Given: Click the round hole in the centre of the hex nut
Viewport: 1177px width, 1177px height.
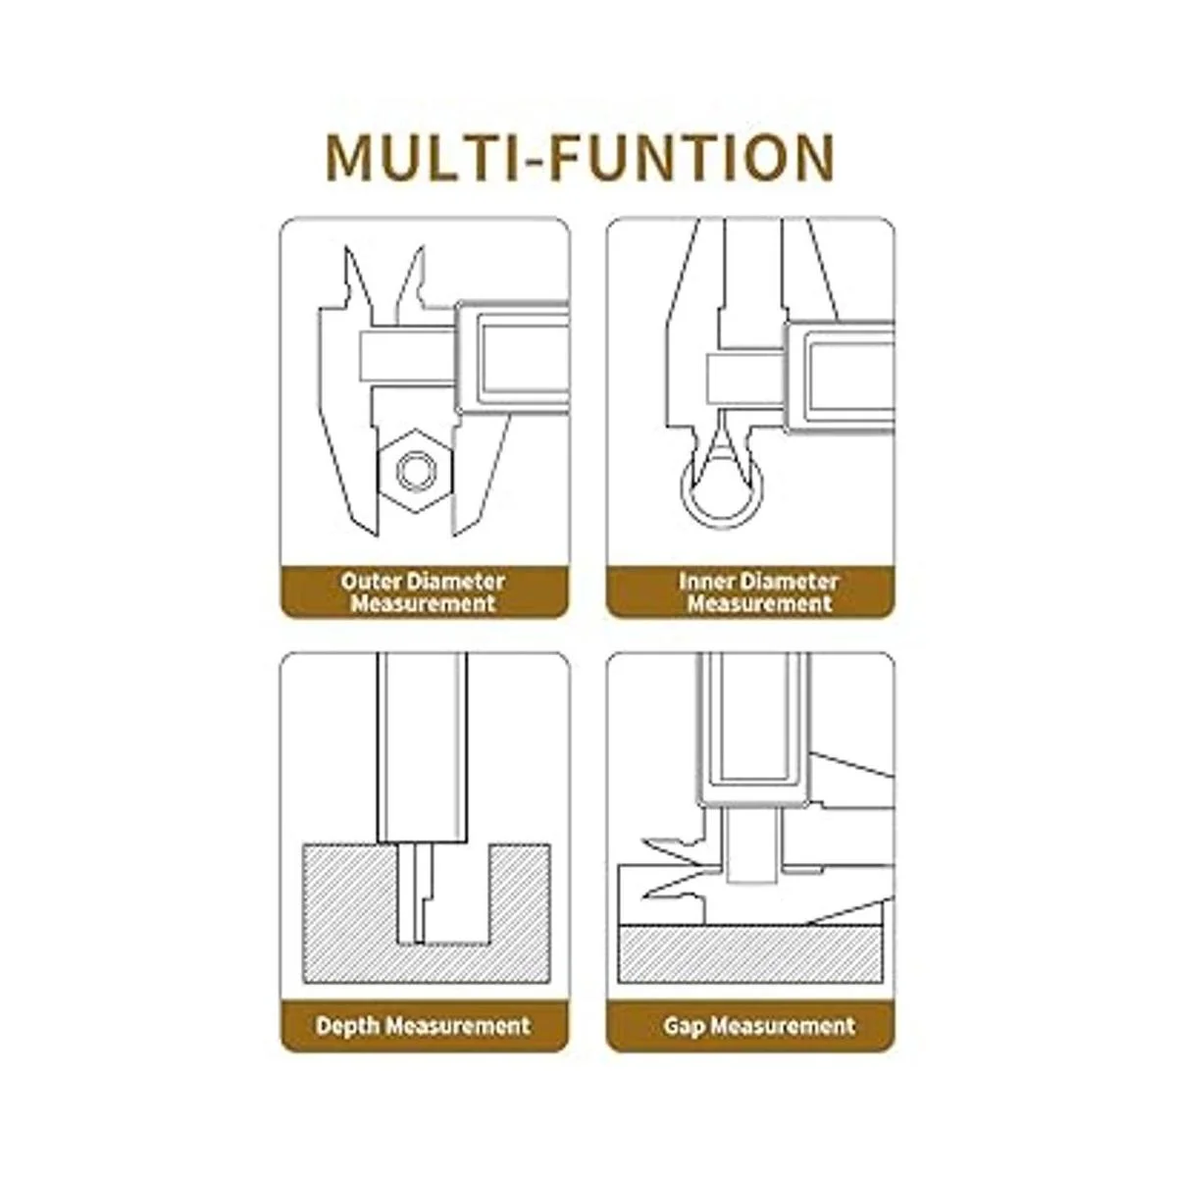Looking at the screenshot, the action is [416, 471].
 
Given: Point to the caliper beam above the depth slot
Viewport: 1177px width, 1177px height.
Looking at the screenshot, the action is [423, 747].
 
